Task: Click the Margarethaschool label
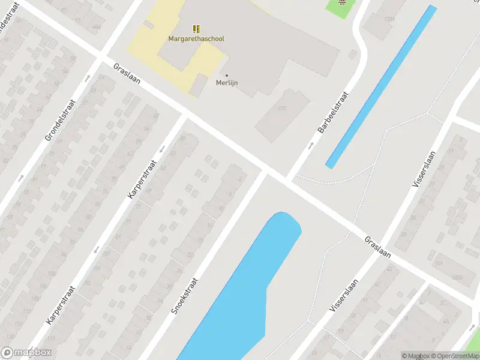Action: (196, 39)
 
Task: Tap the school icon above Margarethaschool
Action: (196, 28)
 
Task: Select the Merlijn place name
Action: (227, 83)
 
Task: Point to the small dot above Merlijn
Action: (226, 76)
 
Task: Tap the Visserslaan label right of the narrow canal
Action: (426, 169)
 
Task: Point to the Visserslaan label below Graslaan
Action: (344, 294)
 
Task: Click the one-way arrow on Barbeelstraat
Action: (310, 146)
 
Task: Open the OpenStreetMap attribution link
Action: (453, 356)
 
